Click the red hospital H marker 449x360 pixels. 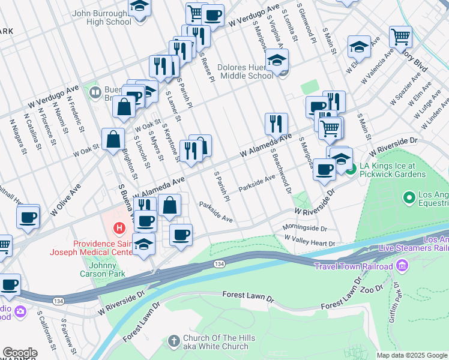(x=119, y=229)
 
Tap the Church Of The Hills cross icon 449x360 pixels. (x=173, y=341)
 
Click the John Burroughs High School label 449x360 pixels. (x=101, y=17)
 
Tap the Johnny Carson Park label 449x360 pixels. (x=103, y=269)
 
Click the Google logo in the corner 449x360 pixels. (x=19, y=353)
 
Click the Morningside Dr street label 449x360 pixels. (x=305, y=229)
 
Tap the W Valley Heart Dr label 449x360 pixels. (x=310, y=242)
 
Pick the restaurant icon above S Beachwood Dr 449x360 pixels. (x=276, y=124)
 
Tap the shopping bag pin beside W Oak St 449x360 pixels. (x=113, y=140)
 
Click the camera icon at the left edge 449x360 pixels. (x=19, y=311)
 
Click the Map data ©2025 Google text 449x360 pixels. (x=412, y=355)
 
